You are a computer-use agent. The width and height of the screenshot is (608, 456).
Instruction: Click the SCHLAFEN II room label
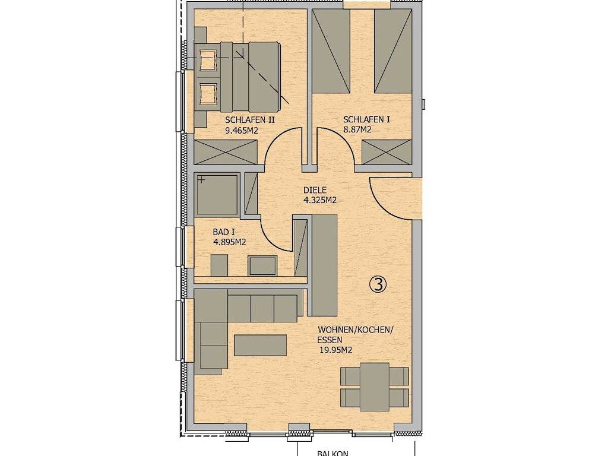[250, 120]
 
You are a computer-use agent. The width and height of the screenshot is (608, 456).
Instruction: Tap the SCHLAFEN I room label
[366, 119]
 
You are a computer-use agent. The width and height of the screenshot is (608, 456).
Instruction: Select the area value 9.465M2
[242, 131]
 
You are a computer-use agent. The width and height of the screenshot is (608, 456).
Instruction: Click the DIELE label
[315, 191]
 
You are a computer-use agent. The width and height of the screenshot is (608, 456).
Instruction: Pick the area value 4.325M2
[319, 201]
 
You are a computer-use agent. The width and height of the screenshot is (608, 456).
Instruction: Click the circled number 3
[378, 284]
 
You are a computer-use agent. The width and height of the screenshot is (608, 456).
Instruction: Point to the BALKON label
[332, 453]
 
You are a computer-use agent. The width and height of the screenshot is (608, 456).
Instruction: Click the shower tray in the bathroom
[217, 195]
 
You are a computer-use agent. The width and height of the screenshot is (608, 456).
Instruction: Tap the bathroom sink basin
[262, 265]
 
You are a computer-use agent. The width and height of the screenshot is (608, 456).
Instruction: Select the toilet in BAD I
[219, 265]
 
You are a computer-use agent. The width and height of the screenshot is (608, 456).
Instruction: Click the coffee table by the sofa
[261, 346]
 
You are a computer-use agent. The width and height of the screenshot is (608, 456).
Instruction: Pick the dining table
[375, 387]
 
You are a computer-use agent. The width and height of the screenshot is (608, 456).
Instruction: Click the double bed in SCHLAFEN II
[236, 76]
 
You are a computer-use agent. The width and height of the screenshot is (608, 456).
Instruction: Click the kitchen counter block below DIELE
[325, 265]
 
